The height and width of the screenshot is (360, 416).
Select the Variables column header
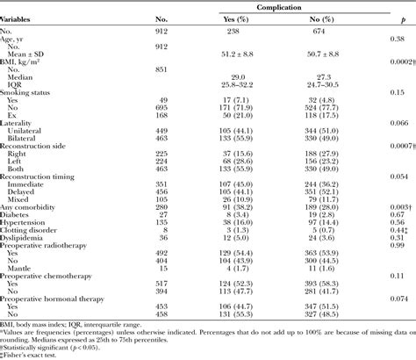[23, 19]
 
